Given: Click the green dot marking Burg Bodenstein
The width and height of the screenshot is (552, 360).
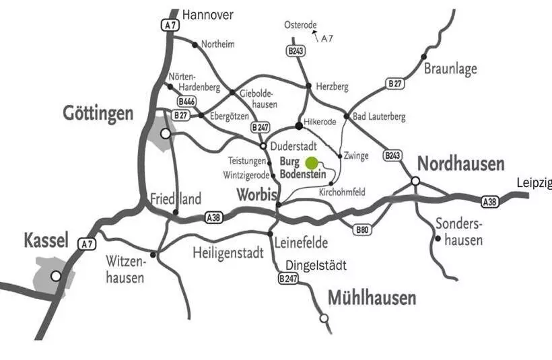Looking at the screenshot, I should (x=312, y=162).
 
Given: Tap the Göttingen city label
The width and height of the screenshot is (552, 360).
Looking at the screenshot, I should (x=98, y=112).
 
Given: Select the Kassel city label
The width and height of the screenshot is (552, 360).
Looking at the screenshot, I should (x=46, y=240).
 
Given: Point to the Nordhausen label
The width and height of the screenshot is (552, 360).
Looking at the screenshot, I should (x=460, y=164).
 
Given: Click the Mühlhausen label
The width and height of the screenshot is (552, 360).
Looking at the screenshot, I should (x=372, y=297).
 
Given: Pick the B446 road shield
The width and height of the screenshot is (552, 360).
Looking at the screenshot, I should (x=186, y=102).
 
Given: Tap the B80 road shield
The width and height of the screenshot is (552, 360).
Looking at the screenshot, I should (x=361, y=229).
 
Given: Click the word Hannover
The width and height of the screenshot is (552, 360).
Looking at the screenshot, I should (x=208, y=14).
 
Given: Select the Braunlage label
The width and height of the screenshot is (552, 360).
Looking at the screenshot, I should (x=450, y=69).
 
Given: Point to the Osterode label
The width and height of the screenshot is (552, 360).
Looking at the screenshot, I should (x=300, y=25).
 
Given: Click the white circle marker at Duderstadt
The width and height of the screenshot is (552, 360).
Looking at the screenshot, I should (x=263, y=145).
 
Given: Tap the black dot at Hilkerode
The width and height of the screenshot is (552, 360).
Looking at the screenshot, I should (x=299, y=126).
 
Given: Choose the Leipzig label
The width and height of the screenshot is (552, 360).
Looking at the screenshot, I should (x=534, y=183).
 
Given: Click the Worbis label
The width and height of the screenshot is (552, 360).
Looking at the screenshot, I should (x=257, y=195).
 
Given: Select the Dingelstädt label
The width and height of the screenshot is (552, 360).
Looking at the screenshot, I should (x=316, y=266).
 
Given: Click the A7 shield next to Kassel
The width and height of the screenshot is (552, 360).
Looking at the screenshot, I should (x=85, y=244).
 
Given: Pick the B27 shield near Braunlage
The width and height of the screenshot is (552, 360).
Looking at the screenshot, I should (x=395, y=83).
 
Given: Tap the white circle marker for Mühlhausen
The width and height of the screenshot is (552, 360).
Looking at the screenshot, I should (x=324, y=318).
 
